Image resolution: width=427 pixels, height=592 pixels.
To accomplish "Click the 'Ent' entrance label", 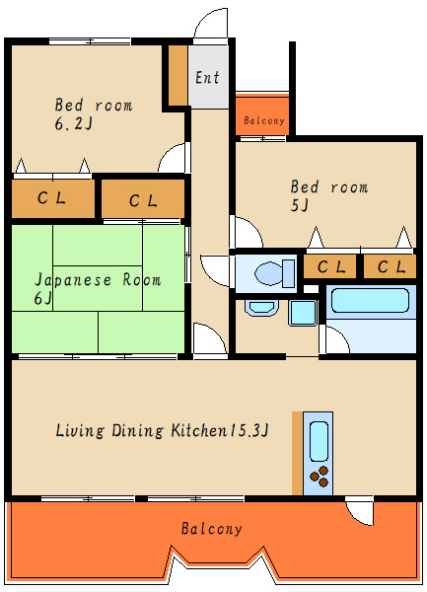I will pyautogui.click(x=207, y=78).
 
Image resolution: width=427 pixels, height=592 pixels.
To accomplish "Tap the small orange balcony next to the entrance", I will pyautogui.click(x=262, y=115).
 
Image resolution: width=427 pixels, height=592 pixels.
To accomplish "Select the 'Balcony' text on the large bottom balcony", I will pyautogui.click(x=211, y=529).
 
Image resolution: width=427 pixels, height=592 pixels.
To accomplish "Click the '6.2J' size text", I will pyautogui.click(x=73, y=124).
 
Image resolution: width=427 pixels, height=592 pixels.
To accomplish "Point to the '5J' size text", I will pyautogui.click(x=300, y=205).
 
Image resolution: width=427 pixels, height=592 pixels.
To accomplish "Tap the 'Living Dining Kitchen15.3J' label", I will pyautogui.click(x=163, y=430).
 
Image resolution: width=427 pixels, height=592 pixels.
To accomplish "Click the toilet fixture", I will pyautogui.click(x=269, y=271).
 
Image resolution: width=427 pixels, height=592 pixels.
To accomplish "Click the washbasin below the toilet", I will pyautogui.click(x=261, y=308).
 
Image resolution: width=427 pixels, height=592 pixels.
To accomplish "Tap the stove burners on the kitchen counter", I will pyautogui.click(x=320, y=479).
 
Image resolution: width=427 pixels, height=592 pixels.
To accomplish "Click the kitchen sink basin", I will pyautogui.click(x=319, y=440).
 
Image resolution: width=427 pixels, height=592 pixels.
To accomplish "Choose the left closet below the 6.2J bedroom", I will pyautogui.click(x=52, y=198).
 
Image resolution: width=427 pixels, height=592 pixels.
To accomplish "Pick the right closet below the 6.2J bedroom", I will pyautogui.click(x=143, y=200).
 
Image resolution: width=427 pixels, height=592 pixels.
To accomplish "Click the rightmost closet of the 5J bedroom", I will pyautogui.click(x=390, y=266).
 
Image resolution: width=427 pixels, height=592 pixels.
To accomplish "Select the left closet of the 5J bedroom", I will pyautogui.click(x=330, y=266).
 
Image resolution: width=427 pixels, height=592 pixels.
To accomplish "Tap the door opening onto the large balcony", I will pyautogui.click(x=360, y=511).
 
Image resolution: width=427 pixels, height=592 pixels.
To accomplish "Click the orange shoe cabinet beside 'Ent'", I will pyautogui.click(x=178, y=75).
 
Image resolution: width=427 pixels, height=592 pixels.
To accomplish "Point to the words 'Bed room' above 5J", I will pyautogui.click(x=328, y=186).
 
